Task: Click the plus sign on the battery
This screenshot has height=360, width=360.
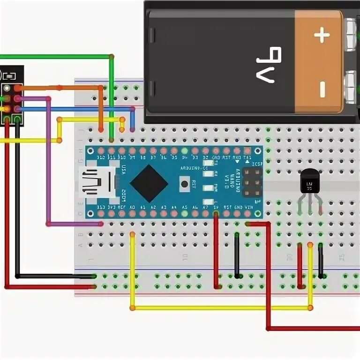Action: click(x=322, y=36)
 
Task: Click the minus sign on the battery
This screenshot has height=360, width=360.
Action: click(x=322, y=89)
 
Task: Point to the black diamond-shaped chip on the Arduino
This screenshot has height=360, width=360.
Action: click(x=149, y=183)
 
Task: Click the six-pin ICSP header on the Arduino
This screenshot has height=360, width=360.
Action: click(x=252, y=183)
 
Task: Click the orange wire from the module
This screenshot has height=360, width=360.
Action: click(x=61, y=88)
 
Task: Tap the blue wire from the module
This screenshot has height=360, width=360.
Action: click(x=75, y=109)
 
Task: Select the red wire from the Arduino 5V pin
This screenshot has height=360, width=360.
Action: click(x=216, y=248)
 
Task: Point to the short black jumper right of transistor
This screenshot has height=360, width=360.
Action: click(x=321, y=260)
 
